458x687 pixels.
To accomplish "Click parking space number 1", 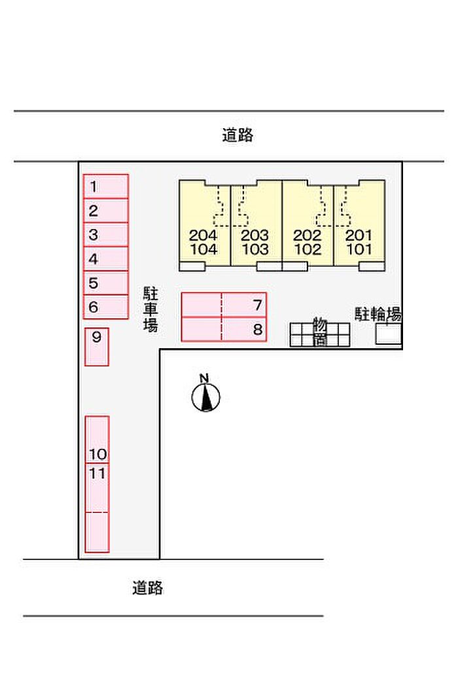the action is coord(105,186).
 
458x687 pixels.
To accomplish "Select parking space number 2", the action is coord(105,211).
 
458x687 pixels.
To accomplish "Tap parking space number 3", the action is coord(105,235).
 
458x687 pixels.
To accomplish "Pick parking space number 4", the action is coord(105,259).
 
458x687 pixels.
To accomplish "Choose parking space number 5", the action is coord(105,283).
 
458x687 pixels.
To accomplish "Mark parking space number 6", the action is coord(105,307).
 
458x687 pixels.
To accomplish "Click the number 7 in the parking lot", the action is coord(257,304).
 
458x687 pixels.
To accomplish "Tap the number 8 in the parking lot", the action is coord(257,329).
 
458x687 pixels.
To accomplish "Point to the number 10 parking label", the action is coord(97,454).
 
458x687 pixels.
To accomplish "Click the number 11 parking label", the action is coord(97,473).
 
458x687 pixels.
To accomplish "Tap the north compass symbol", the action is coord(205,395).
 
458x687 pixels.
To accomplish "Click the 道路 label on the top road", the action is coord(237,136).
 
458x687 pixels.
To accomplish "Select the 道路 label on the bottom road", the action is coord(147,588).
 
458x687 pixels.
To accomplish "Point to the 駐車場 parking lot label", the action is coord(150,309).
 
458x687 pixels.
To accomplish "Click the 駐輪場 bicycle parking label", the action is coord(378,314).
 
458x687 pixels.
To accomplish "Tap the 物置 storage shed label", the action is coord(319,332).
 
